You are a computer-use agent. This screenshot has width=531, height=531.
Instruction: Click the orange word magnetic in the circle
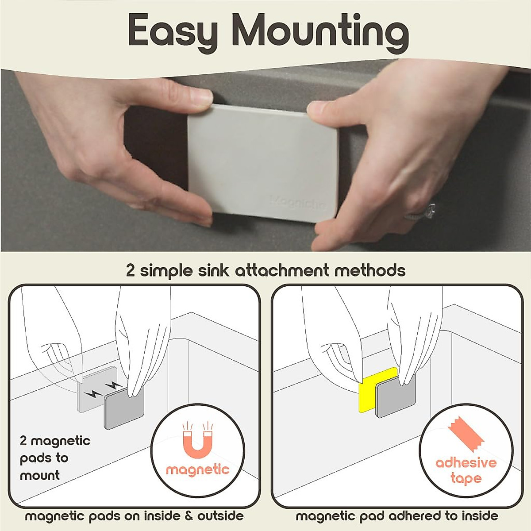pyautogui.click(x=198, y=469)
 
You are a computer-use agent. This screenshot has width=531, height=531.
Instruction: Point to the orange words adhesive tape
pyautogui.click(x=466, y=470)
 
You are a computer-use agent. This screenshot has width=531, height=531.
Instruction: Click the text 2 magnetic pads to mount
pyautogui.click(x=54, y=458)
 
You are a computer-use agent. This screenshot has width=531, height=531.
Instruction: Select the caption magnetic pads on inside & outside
pyautogui.click(x=134, y=516)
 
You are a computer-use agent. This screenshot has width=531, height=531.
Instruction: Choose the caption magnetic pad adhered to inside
pyautogui.click(x=397, y=516)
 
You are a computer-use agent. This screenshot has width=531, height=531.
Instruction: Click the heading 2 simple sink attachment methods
pyautogui.click(x=265, y=270)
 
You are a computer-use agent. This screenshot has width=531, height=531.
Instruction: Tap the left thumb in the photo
pyautogui.click(x=188, y=96)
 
